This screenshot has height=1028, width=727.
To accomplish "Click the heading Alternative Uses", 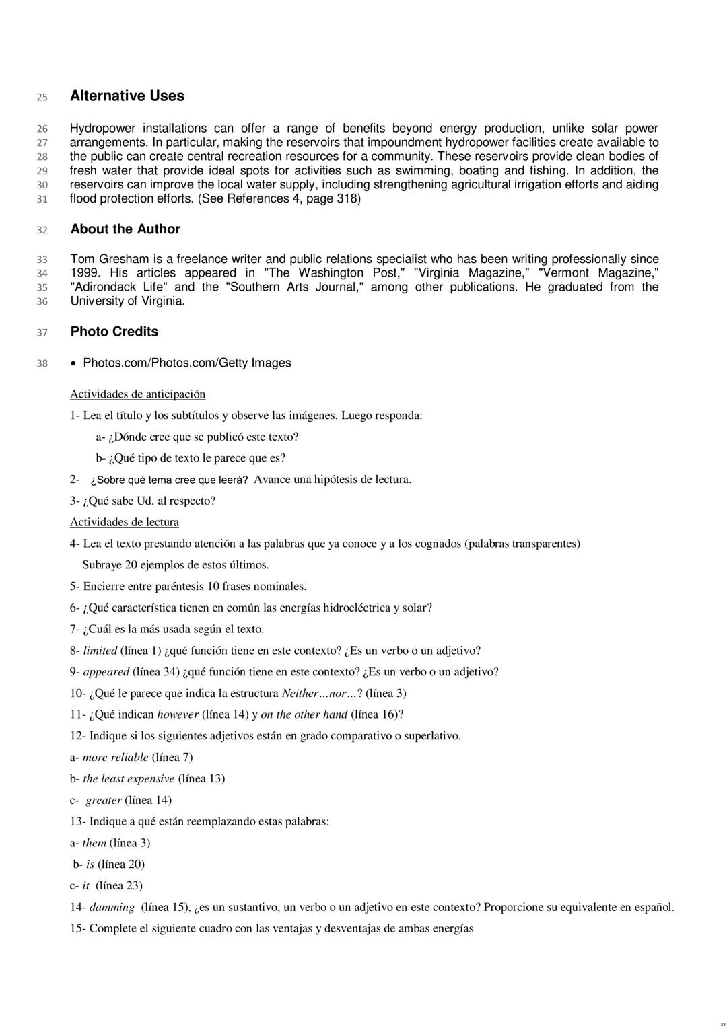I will click(x=127, y=96).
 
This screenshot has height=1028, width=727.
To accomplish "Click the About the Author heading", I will click(x=125, y=229).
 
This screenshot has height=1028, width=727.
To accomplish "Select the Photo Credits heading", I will click(x=114, y=332).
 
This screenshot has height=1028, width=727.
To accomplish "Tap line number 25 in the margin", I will click(x=42, y=98).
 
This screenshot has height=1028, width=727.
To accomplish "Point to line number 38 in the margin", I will click(x=42, y=364).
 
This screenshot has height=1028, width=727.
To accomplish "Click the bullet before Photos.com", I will click(x=74, y=363).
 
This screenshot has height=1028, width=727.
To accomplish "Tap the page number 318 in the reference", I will click(x=347, y=199).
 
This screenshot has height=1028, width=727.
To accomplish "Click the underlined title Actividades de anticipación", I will click(x=137, y=394).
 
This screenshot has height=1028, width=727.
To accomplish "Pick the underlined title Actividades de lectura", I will click(x=125, y=522).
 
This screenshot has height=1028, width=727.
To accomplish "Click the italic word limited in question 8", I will click(x=100, y=651).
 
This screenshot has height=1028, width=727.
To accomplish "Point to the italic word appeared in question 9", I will click(x=106, y=672).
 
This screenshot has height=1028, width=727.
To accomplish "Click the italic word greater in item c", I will click(x=104, y=800).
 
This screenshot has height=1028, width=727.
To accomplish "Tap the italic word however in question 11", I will click(x=178, y=714).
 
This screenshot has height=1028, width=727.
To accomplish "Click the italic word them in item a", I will click(x=94, y=843).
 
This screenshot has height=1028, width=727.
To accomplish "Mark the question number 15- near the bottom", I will click(x=77, y=928).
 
